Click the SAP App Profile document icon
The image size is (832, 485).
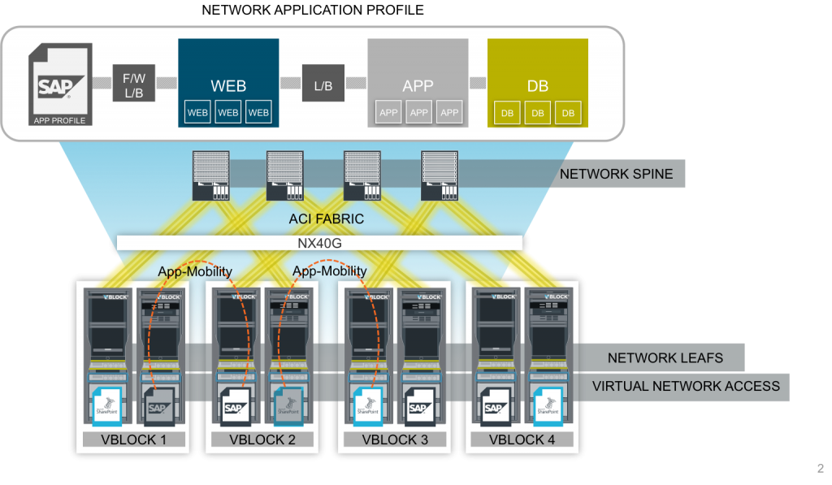(x=59, y=84)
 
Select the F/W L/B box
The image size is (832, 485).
(x=133, y=84)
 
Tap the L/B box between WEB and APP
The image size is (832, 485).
(x=323, y=84)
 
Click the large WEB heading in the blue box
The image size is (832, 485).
(x=228, y=85)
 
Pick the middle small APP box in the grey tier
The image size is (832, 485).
(x=419, y=112)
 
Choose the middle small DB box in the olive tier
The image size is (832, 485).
(x=537, y=112)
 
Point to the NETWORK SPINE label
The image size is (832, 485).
(x=616, y=174)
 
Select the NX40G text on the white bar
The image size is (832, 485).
(x=320, y=242)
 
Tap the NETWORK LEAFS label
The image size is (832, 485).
(x=665, y=357)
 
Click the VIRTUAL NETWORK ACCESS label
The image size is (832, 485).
(x=686, y=386)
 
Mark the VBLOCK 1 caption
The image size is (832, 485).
(x=133, y=440)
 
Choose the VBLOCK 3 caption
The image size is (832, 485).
(x=396, y=440)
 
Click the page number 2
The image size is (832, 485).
(x=820, y=469)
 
